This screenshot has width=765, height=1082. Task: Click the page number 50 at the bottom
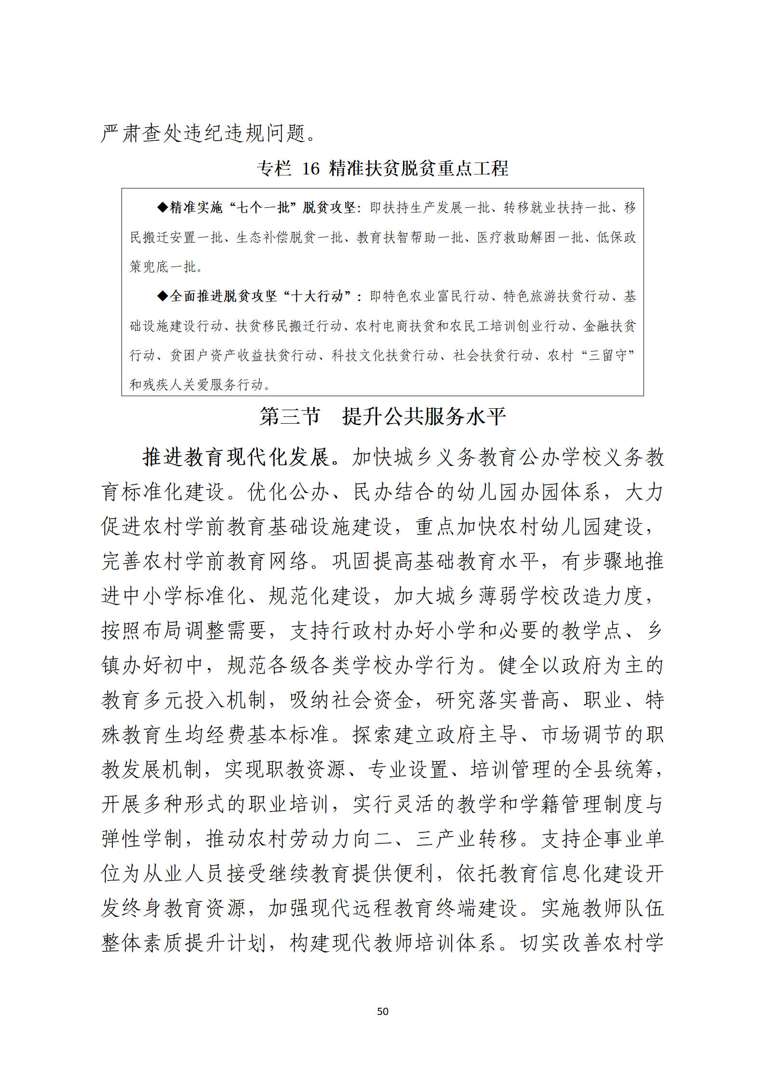click(x=382, y=1011)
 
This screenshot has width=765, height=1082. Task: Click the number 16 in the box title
click(x=311, y=169)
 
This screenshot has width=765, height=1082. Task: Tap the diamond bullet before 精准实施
click(x=163, y=208)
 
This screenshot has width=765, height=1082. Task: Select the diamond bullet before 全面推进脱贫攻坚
click(x=163, y=296)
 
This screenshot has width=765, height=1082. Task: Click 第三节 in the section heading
click(x=290, y=416)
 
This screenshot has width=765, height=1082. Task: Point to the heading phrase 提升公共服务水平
click(x=424, y=416)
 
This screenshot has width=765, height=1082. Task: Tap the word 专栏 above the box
click(x=274, y=169)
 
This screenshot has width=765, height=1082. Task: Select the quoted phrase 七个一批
click(x=262, y=208)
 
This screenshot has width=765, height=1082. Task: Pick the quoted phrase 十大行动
click(x=317, y=296)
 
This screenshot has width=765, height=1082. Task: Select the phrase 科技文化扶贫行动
click(x=385, y=355)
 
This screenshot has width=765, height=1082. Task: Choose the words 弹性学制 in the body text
click(x=142, y=839)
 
